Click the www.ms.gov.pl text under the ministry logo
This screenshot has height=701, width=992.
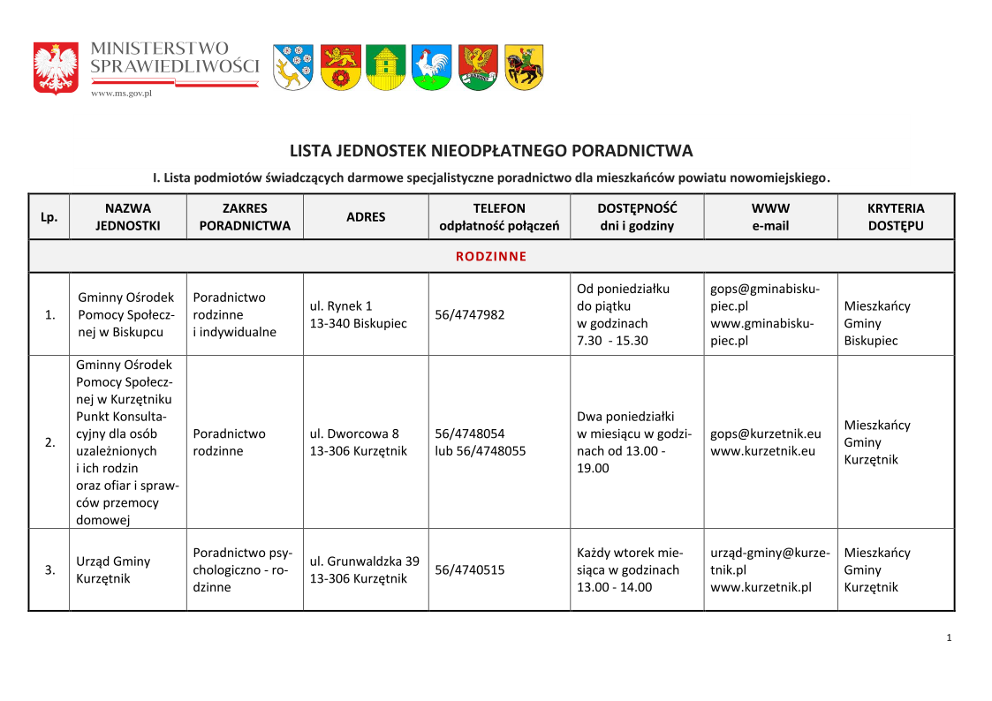coord(122,93)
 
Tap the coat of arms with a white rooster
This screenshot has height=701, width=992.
coord(432,67)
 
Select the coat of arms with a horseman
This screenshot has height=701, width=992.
coord(524,67)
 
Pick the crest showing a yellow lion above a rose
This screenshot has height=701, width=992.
coord(340,67)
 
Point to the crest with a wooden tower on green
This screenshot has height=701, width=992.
coord(386,67)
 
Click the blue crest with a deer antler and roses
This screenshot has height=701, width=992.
coord(292,67)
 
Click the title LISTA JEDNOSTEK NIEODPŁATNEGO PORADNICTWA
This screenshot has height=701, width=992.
coord(491,151)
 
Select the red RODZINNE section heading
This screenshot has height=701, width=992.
coord(491,257)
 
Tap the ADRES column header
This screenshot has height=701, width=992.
coord(366,217)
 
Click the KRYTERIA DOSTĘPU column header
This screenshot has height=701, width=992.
coord(895,217)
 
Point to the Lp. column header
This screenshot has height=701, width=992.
coord(49,217)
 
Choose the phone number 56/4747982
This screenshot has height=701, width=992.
coord(470,315)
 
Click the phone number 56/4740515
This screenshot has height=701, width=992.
coord(470,570)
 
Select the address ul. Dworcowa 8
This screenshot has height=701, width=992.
coord(354,433)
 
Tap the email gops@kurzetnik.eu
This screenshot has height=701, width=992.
coord(765,433)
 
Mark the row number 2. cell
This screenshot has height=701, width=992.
coord(49,442)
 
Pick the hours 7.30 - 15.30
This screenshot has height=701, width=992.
coord(612,341)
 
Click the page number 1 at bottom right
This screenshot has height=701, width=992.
coord(949,638)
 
